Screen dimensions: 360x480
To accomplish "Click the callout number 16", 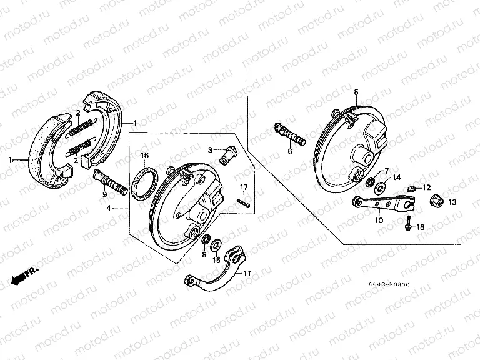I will click(x=144, y=155).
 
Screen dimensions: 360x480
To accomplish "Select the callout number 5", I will click(x=356, y=92).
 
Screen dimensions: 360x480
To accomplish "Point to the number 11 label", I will click(x=247, y=273).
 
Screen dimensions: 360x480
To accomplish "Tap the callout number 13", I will click(x=452, y=202).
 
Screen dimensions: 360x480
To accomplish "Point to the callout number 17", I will click(x=244, y=187).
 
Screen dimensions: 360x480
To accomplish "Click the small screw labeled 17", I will click(x=243, y=201).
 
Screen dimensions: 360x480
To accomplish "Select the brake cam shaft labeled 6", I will click(x=290, y=135).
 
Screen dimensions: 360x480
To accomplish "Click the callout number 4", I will click(x=109, y=207).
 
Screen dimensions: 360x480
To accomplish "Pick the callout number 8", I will click(x=203, y=255).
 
